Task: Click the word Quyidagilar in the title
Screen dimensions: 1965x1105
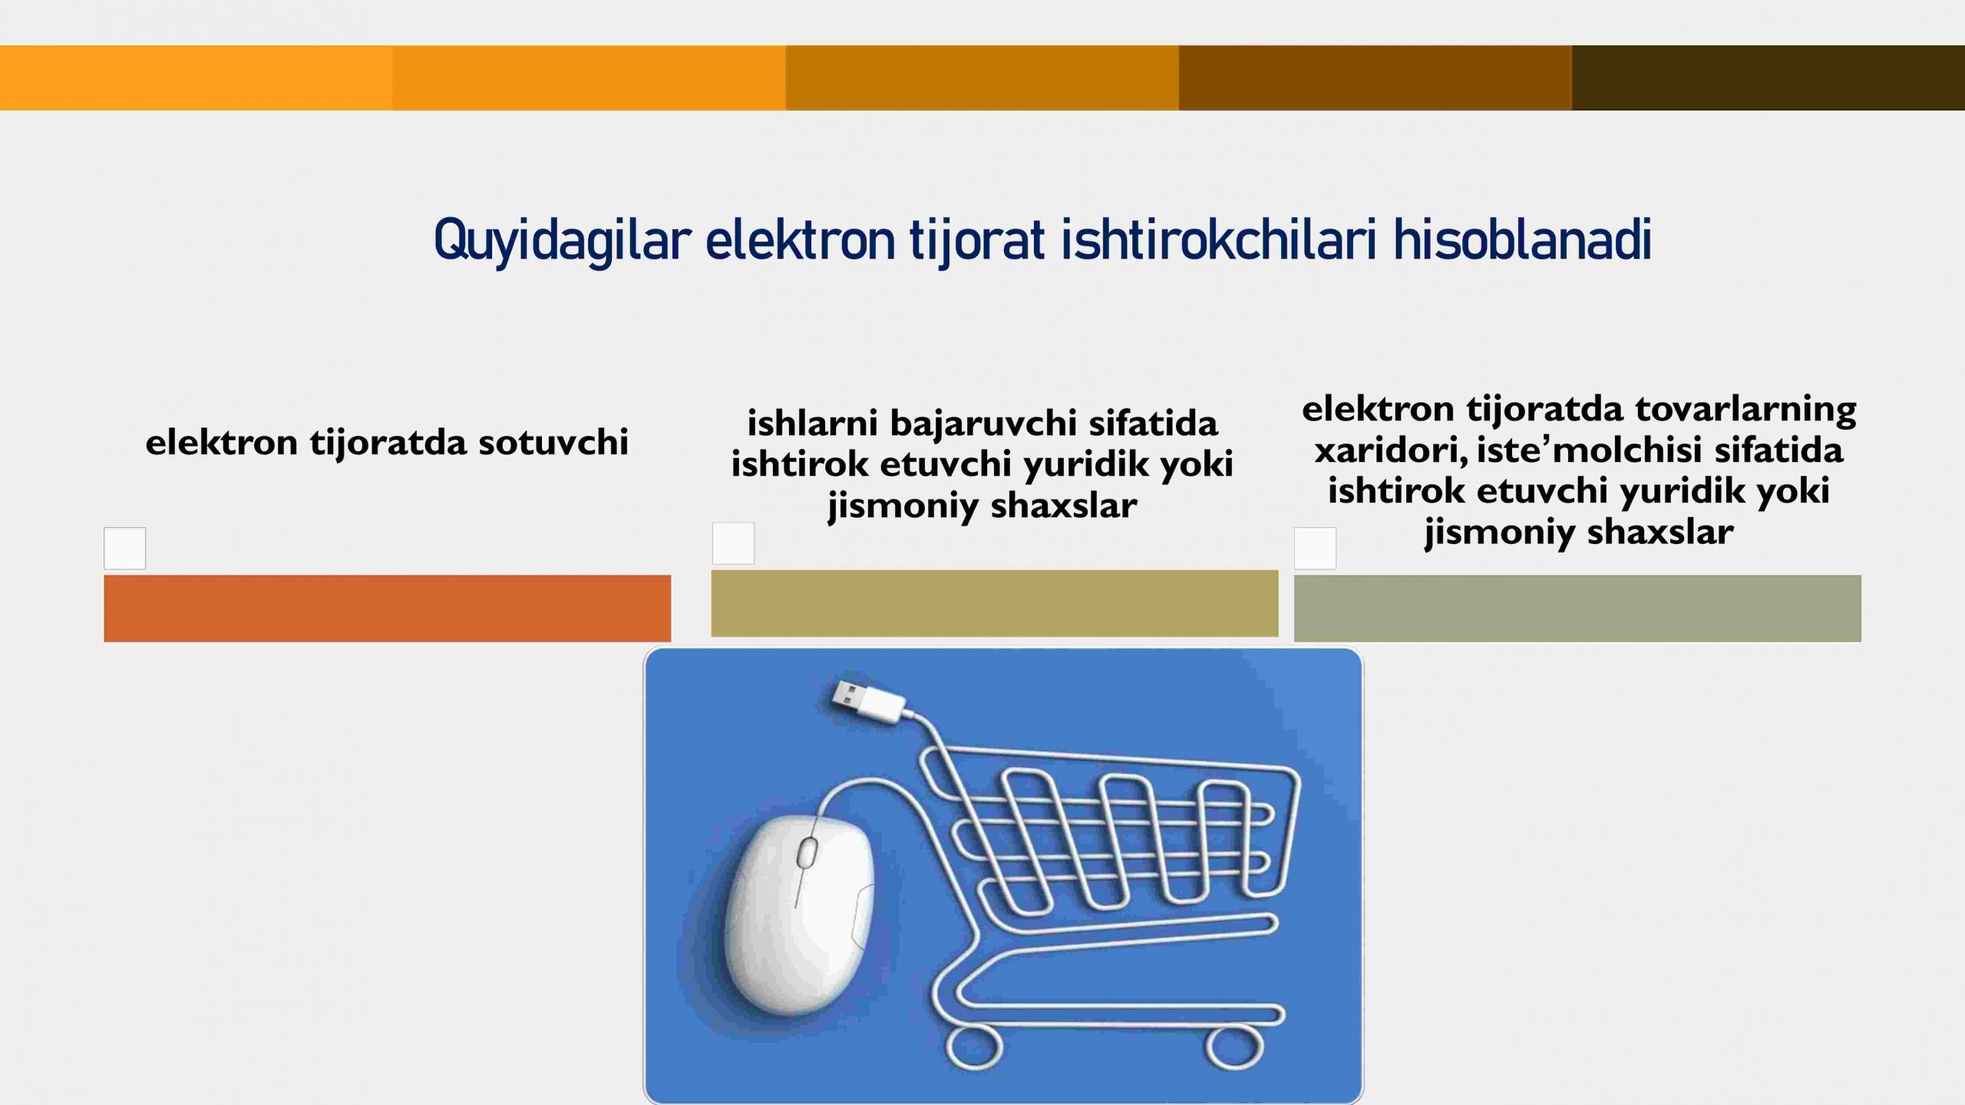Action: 563,241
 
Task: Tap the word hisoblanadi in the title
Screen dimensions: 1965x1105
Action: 1522,239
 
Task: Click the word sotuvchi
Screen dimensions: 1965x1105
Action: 553,443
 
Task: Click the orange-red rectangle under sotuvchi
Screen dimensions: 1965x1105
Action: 387,608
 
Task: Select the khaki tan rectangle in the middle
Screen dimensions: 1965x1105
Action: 995,603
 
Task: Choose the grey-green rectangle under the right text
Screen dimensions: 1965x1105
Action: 1577,608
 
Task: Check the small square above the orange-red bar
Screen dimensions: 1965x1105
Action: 124,548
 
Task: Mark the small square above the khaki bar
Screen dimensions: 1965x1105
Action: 733,543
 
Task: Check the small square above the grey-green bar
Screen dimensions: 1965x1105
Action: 1315,548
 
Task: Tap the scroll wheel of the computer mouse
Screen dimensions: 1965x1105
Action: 807,853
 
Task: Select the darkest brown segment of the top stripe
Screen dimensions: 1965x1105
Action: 1768,78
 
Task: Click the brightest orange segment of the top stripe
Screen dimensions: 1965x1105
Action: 196,78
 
